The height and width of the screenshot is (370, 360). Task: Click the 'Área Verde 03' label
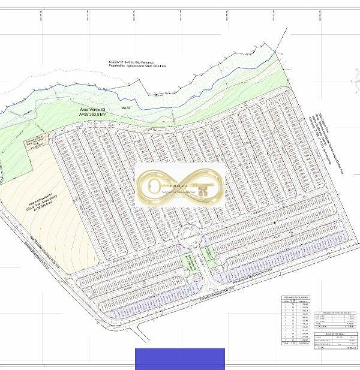[92, 110]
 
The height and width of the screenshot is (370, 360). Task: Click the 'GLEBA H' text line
[131, 62]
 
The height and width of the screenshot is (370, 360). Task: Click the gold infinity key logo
[179, 185]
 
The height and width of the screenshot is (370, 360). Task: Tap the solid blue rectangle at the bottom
[179, 359]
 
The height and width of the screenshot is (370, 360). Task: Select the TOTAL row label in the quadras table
[286, 344]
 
